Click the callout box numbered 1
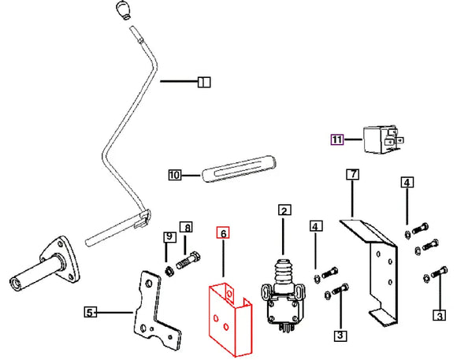point(204,82)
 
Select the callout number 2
point(284,210)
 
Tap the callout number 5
point(91,313)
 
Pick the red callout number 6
point(223,233)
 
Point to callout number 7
point(353,174)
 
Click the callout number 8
point(186,228)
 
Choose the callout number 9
point(170,236)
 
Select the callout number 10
point(175,175)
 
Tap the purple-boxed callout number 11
point(337,139)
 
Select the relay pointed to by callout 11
point(383,139)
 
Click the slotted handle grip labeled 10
point(239,169)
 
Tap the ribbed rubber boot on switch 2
point(284,273)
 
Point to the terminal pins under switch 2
point(285,328)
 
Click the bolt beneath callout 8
point(188,262)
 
